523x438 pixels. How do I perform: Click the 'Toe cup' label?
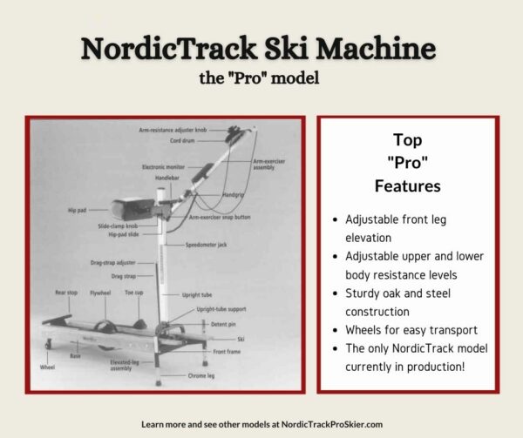[x=133, y=293]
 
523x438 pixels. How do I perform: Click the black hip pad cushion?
[x=128, y=209]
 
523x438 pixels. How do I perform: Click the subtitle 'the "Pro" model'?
[x=261, y=77]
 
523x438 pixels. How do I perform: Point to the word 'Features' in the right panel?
[x=407, y=185]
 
